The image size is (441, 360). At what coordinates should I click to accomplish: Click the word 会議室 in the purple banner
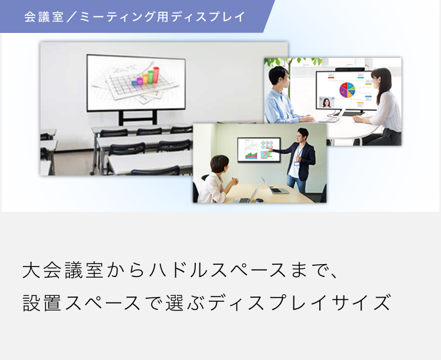pos(44,16)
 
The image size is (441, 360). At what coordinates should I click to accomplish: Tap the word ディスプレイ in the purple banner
pos(208,16)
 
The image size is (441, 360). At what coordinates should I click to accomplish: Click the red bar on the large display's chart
pos(156,74)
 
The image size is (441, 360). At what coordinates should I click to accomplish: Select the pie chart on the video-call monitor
pos(348,90)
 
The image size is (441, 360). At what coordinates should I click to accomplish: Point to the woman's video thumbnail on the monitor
pos(326,102)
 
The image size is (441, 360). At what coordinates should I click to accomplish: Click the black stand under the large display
pos(138,118)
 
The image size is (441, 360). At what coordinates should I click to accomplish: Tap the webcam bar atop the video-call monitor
pos(350,69)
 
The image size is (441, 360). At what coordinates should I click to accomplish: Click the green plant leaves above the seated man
pos(292,62)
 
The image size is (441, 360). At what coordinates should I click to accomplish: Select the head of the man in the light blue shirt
pos(279,78)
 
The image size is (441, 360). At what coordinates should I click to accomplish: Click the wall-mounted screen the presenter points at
pos(259,150)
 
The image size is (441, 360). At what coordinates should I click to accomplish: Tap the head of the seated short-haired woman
pos(220,165)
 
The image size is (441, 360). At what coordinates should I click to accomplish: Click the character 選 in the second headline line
pos(175,303)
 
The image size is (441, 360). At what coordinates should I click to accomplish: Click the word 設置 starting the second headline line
pos(42,303)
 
